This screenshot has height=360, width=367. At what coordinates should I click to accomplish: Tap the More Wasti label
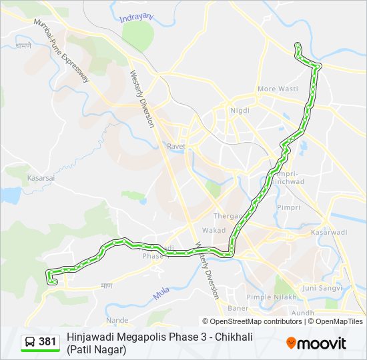[x=278, y=89]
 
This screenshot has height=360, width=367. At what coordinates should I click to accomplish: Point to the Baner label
[x=238, y=308]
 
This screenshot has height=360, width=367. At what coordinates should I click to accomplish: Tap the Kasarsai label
[x=39, y=178]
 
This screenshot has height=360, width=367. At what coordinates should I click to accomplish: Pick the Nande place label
[x=117, y=320]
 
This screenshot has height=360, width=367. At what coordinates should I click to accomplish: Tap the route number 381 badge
[x=40, y=342]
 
